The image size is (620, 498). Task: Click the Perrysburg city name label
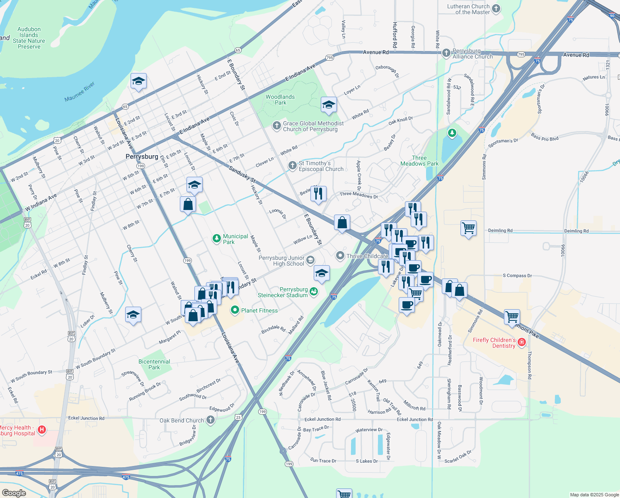142,157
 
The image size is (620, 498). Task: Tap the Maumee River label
80,92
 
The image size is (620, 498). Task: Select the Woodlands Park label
280,100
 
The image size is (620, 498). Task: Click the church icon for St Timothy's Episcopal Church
292,166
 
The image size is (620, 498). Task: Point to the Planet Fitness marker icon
235,310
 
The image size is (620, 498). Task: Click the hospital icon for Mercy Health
42,430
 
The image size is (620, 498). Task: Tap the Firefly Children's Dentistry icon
522,342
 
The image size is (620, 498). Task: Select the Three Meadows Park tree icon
452,133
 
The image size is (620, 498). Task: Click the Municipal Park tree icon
216,239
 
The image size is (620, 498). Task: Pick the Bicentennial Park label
154,364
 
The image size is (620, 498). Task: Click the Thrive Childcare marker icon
340,256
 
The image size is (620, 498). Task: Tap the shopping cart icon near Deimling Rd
468,227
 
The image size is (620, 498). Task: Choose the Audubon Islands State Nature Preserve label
29,38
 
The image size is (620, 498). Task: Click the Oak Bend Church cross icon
211,420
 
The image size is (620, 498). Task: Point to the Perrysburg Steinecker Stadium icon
314,292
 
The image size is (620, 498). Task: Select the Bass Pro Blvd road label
545,137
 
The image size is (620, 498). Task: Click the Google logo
14,493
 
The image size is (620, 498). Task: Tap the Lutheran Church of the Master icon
496,9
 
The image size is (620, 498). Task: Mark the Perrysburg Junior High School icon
310,261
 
